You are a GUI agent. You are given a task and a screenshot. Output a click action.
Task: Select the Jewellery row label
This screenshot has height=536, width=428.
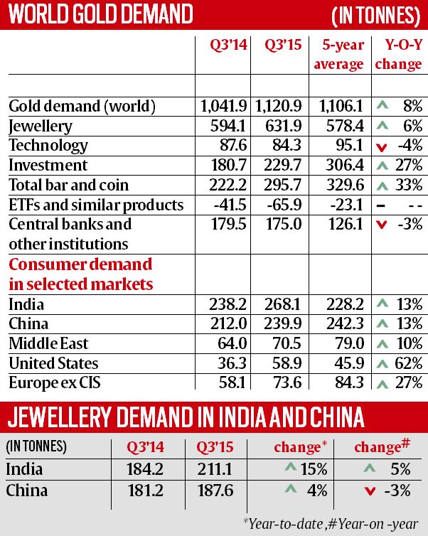pos(40,127)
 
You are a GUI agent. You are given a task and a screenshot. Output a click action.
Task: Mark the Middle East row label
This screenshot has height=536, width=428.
pos(48,344)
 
